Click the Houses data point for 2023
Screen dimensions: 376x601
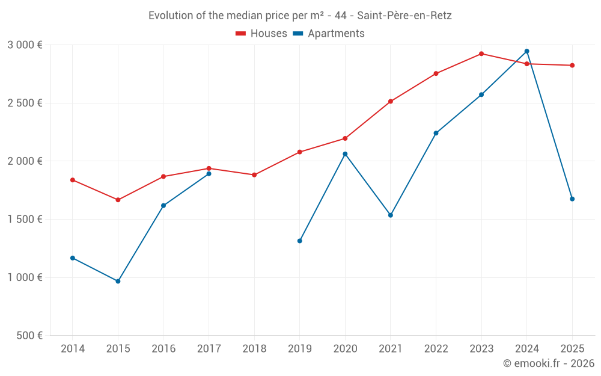click(x=481, y=54)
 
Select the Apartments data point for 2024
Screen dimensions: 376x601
click(x=527, y=51)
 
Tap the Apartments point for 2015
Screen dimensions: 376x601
click(x=118, y=281)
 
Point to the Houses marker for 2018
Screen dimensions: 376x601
click(x=254, y=175)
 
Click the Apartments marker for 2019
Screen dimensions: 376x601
click(x=300, y=241)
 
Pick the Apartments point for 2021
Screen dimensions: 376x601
click(x=391, y=215)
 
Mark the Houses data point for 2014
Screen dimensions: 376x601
click(x=73, y=180)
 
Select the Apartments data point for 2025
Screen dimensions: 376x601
click(x=572, y=199)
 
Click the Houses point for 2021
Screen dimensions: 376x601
click(x=391, y=101)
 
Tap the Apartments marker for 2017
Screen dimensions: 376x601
click(x=209, y=174)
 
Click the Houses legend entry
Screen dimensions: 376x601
click(x=261, y=34)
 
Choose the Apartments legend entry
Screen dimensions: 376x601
click(x=329, y=34)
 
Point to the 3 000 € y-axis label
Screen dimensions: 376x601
click(x=25, y=45)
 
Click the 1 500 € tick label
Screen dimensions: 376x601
click(x=25, y=220)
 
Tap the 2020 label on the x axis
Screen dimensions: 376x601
click(x=345, y=349)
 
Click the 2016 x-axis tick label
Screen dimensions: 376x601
click(x=163, y=349)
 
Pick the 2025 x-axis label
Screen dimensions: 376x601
click(x=572, y=349)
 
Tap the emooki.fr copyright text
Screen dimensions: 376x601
click(x=549, y=363)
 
